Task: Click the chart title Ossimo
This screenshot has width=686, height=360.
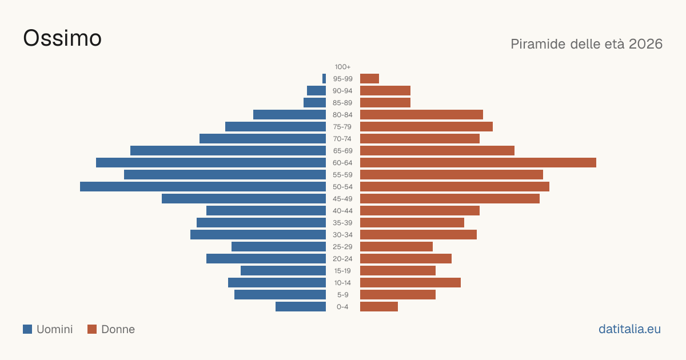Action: [62, 38]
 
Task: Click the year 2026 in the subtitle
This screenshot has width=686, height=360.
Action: [645, 44]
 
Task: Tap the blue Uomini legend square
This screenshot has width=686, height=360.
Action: [27, 329]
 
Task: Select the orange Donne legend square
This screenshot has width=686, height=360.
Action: [92, 329]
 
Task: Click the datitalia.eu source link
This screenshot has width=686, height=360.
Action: [629, 329]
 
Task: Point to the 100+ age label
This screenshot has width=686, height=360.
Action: [342, 67]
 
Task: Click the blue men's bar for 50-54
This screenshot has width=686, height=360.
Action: [203, 187]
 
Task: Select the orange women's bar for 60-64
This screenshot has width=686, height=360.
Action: [478, 162]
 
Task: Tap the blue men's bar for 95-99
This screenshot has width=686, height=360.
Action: [324, 79]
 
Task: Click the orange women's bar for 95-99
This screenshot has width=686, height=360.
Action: [370, 79]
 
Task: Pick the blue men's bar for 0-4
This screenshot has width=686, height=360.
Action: [301, 307]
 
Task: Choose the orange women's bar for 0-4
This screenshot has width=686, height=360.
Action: [379, 307]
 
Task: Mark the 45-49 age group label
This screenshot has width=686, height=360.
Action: [342, 199]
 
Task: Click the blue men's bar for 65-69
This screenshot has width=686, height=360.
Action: [228, 151]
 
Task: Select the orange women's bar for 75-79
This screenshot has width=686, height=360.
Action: [426, 127]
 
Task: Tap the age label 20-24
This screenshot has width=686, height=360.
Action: [342, 259]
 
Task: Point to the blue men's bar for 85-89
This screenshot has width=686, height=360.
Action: [315, 102]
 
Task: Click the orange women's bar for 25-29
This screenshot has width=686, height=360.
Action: [396, 247]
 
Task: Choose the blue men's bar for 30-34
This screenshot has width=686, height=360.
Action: [258, 235]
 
